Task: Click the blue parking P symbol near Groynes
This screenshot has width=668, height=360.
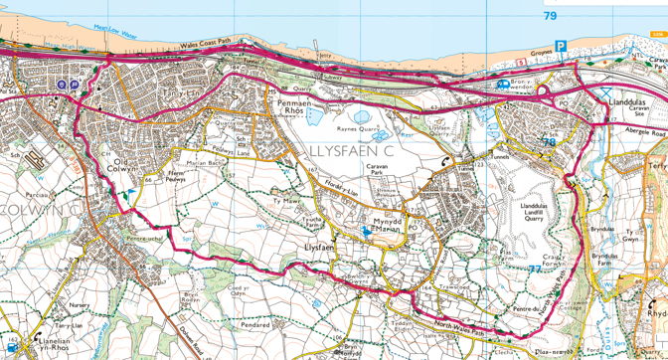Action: pyautogui.click(x=561, y=47)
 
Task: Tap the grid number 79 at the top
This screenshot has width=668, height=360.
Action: pyautogui.click(x=551, y=16)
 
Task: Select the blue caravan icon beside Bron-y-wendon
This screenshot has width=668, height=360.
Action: pyautogui.click(x=504, y=85)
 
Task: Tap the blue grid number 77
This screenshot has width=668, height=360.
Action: pyautogui.click(x=535, y=269)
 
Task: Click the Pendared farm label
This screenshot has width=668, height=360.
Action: pyautogui.click(x=257, y=325)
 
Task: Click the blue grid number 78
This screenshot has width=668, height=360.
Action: pyautogui.click(x=549, y=142)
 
